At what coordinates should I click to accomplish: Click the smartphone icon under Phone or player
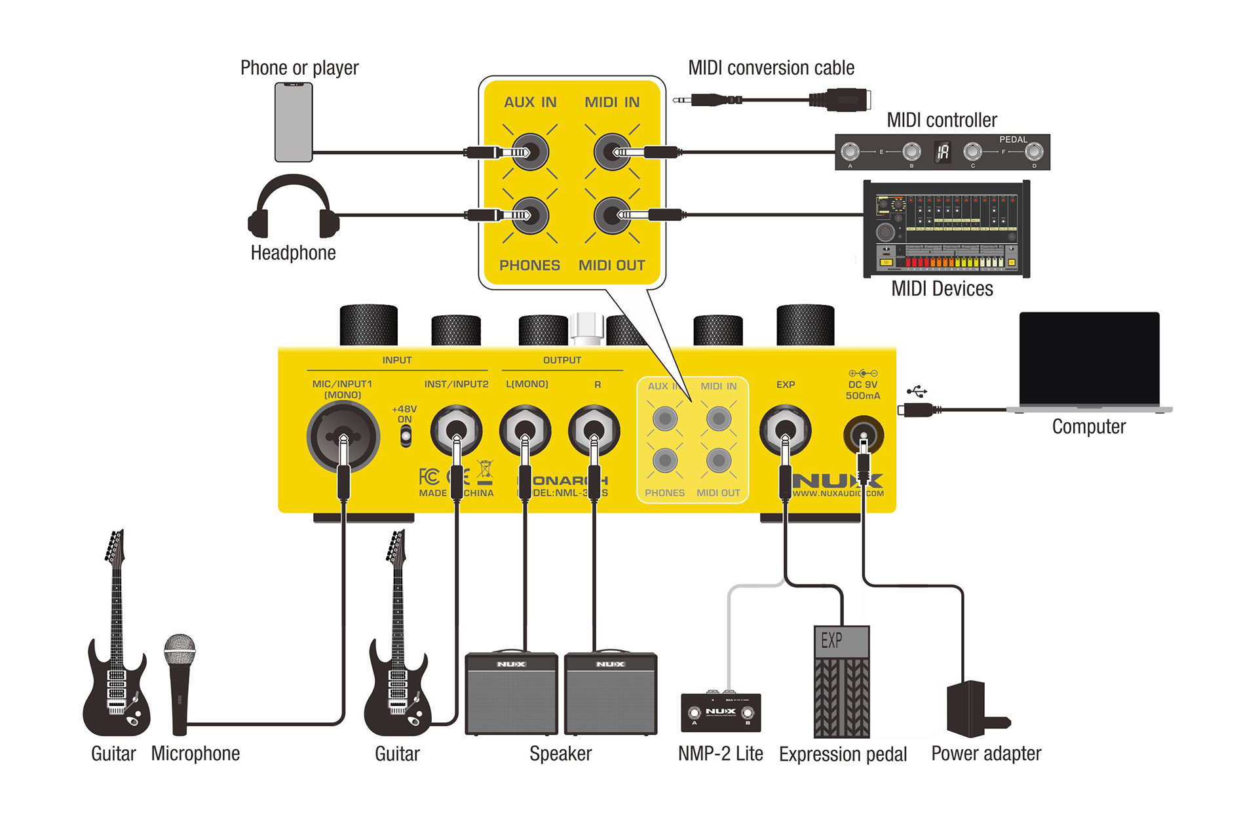pyautogui.click(x=293, y=122)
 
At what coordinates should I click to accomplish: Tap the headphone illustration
pyautogui.click(x=293, y=206)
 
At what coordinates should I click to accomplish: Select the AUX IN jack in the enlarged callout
pyautogui.click(x=530, y=152)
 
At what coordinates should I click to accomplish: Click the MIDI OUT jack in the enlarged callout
pyautogui.click(x=612, y=215)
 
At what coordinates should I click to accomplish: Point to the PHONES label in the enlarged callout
pyautogui.click(x=529, y=265)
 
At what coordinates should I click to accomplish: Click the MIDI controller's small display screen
pyautogui.click(x=942, y=153)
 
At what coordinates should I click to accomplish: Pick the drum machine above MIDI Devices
pyautogui.click(x=946, y=229)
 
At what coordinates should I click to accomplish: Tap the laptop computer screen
pyautogui.click(x=1089, y=358)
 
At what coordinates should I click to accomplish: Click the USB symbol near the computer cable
pyautogui.click(x=917, y=392)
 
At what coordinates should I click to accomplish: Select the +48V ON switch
pyautogui.click(x=406, y=435)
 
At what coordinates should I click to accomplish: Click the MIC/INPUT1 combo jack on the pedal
pyautogui.click(x=343, y=436)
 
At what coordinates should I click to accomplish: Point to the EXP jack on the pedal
pyautogui.click(x=785, y=431)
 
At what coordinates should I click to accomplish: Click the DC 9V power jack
pyautogui.click(x=863, y=435)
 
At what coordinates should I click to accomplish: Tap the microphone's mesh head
pyautogui.click(x=180, y=650)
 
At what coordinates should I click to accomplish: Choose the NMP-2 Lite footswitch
pyautogui.click(x=721, y=712)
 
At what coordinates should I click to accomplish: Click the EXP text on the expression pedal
pyautogui.click(x=831, y=640)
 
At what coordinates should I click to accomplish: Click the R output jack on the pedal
pyautogui.click(x=594, y=431)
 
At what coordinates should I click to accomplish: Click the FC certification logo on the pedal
pyautogui.click(x=429, y=477)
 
